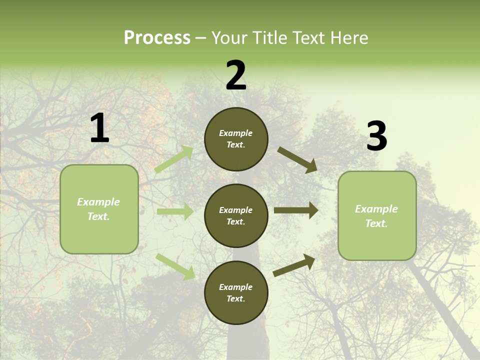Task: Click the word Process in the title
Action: tap(157, 38)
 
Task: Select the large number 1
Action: tap(99, 128)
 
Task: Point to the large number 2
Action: tap(236, 76)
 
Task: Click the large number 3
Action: tap(376, 136)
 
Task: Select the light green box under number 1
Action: tap(99, 209)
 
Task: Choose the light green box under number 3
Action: tap(377, 216)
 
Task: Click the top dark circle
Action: tap(236, 139)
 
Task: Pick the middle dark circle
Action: tap(236, 216)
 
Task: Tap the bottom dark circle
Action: tap(236, 293)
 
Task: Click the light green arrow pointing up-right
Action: tap(174, 159)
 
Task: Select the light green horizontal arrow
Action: tap(175, 211)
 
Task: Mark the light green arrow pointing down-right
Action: tap(175, 266)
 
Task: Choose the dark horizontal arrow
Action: tap(296, 210)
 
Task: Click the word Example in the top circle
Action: tap(236, 133)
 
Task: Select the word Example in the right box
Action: tap(376, 209)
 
